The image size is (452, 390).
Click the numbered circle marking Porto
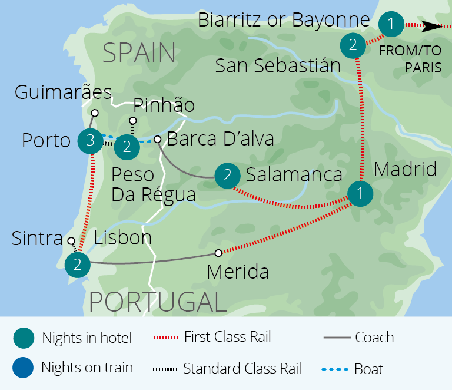(90, 140)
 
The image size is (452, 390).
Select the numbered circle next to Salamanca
(227, 176)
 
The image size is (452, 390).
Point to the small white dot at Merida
(218, 253)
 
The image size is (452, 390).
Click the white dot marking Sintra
(71, 240)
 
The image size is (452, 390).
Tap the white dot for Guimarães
(94, 111)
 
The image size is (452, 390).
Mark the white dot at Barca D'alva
(157, 139)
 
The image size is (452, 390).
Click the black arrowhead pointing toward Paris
(435, 26)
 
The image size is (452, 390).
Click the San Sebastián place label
(278, 65)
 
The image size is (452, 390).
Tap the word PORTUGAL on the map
(158, 302)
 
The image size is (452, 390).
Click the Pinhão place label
(163, 105)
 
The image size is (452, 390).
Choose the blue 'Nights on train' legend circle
(22, 368)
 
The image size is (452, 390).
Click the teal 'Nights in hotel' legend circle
(22, 338)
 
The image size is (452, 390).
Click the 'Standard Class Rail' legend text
(242, 369)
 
